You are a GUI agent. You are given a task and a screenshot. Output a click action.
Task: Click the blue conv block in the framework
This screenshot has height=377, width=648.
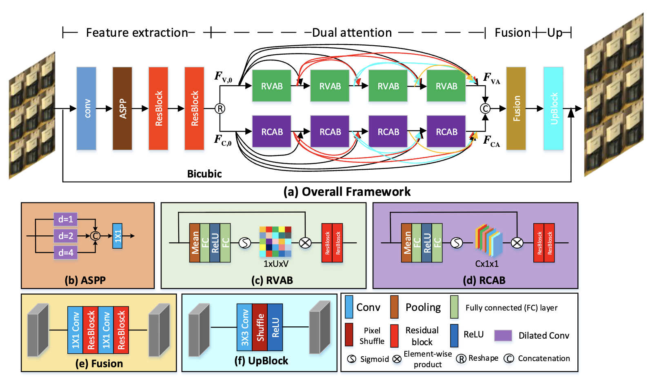87,109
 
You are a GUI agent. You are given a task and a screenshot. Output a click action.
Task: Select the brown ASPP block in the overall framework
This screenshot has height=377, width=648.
122,109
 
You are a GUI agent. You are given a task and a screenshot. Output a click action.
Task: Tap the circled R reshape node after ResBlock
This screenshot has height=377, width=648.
220,109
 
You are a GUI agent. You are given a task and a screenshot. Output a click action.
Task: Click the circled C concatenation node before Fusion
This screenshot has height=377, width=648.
485,109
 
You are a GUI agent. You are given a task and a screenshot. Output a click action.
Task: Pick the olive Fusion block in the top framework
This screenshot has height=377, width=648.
516,109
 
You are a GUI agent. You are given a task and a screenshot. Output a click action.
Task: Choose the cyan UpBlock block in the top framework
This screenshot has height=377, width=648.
553,109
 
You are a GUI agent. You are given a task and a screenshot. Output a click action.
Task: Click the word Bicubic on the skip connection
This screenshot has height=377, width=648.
204,174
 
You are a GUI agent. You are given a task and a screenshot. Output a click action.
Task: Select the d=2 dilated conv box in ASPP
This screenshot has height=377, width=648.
65,236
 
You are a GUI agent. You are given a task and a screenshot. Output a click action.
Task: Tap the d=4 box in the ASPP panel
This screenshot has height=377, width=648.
65,253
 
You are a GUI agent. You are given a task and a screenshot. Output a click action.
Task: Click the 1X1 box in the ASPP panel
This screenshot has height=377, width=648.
118,236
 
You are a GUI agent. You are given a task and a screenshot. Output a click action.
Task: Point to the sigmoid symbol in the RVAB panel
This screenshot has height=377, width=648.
245,243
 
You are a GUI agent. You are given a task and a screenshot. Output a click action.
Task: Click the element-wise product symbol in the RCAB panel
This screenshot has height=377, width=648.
517,243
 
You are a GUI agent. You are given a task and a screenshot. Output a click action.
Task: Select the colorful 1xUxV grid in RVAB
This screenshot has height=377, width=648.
275,242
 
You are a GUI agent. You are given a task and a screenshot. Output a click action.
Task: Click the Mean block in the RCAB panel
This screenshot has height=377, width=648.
406,243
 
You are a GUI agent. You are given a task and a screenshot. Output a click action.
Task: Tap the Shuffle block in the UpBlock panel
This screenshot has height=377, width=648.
260,327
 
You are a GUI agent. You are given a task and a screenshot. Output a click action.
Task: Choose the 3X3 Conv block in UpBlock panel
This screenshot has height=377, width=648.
244,327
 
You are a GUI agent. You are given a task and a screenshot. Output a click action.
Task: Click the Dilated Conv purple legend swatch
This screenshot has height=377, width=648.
503,335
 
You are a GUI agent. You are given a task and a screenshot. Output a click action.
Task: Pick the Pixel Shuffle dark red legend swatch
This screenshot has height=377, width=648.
349,335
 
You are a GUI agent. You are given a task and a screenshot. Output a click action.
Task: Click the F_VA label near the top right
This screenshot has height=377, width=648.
491,78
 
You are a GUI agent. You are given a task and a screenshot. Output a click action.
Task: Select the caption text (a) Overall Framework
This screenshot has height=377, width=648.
347,192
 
